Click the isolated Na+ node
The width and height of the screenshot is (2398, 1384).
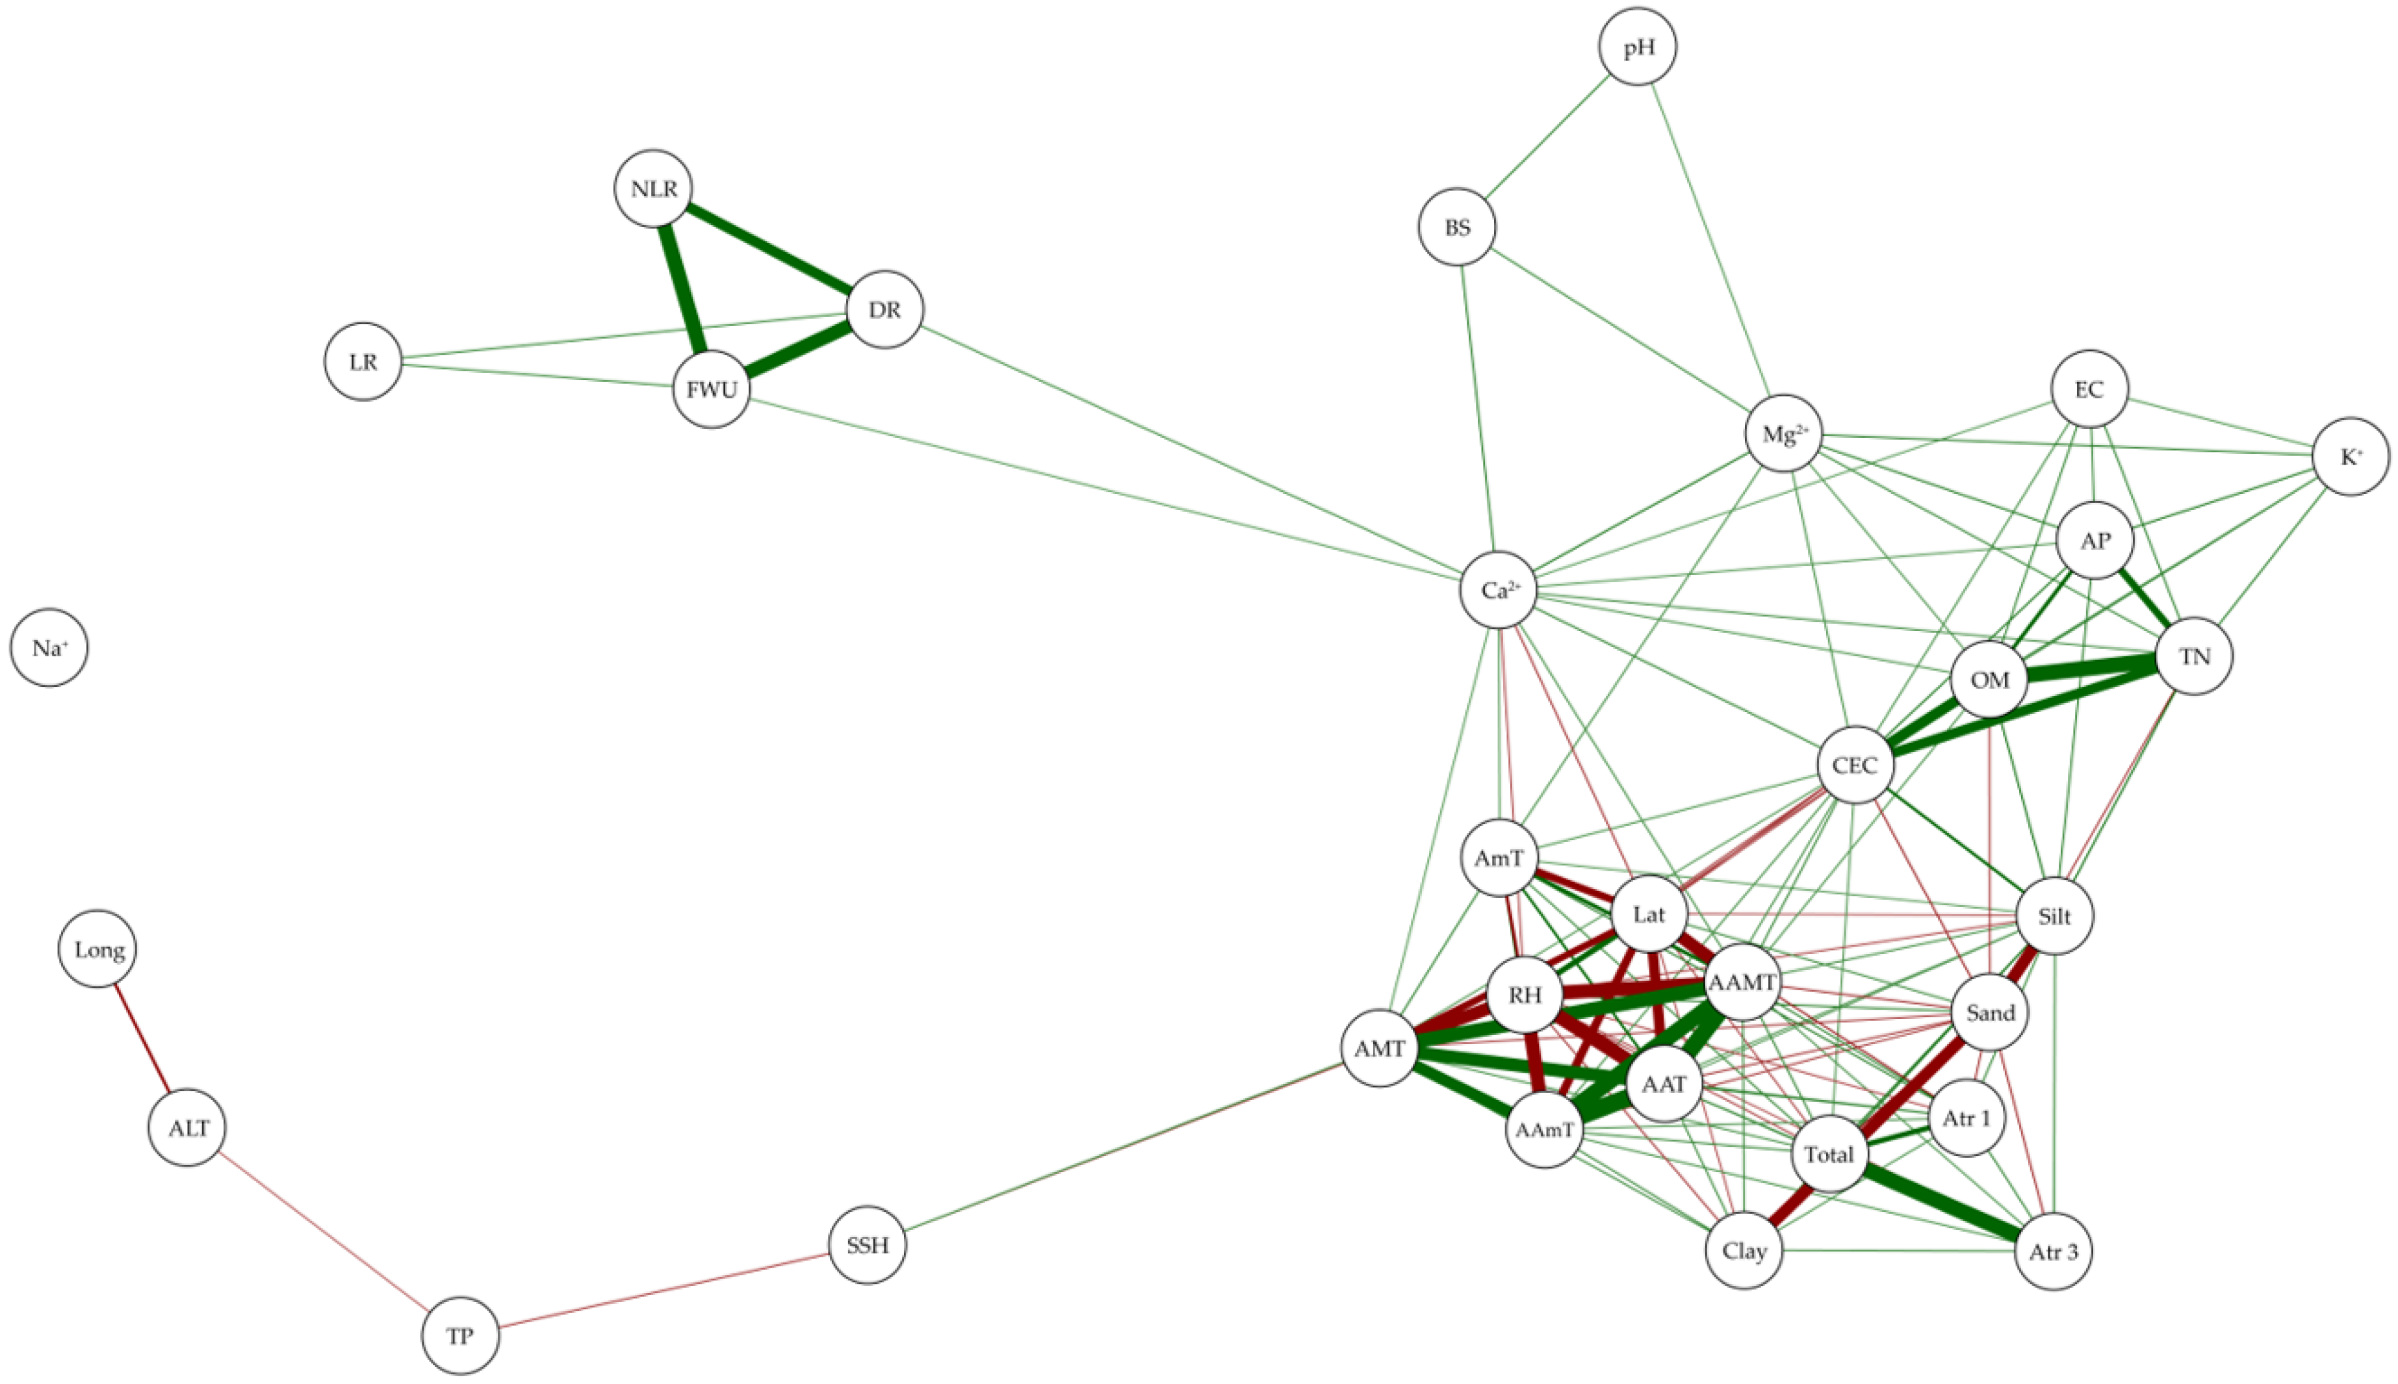49,648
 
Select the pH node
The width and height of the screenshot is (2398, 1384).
1638,47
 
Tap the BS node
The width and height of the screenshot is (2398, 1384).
1457,227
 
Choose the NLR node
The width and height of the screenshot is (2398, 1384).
653,188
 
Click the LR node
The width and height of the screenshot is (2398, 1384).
363,362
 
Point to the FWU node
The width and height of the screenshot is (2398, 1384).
711,389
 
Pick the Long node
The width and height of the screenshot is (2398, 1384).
98,949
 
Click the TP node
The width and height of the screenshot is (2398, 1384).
460,1335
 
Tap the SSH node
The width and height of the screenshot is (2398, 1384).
867,1244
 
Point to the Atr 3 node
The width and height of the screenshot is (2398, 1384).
2053,1252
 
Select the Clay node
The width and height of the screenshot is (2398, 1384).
1744,1250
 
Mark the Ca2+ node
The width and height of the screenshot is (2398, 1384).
1499,590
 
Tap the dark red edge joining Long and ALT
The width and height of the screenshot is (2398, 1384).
142,1038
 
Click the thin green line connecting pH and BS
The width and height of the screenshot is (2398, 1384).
1547,137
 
